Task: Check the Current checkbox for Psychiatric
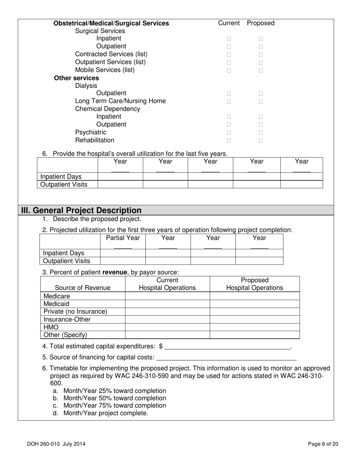[x=229, y=133]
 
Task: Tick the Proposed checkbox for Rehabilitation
[x=261, y=141]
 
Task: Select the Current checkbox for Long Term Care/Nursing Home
[x=229, y=102]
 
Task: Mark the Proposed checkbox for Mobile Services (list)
[x=261, y=70]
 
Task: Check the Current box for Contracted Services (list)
[x=229, y=55]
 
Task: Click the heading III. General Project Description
[x=81, y=210]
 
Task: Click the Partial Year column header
[x=123, y=238]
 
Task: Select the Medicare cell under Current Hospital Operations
[x=167, y=296]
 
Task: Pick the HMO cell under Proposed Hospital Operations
[x=255, y=327]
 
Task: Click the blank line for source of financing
[x=226, y=357]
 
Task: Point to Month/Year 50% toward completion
[x=114, y=398]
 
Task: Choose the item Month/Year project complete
[x=106, y=413]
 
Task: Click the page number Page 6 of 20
[x=323, y=444]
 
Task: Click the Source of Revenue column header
[x=83, y=288]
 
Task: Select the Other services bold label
[x=76, y=78]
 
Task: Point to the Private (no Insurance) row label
[x=75, y=312]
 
